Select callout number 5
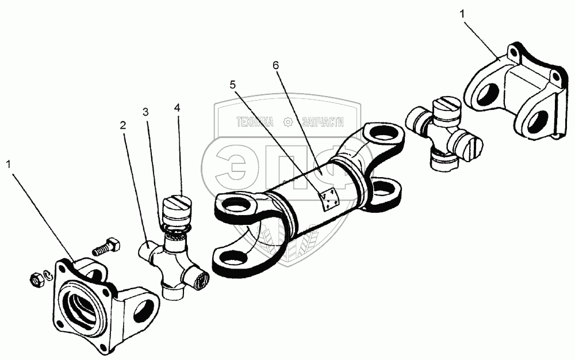[233, 85]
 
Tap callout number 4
[178, 107]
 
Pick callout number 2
[122, 124]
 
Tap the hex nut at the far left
[36, 279]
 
